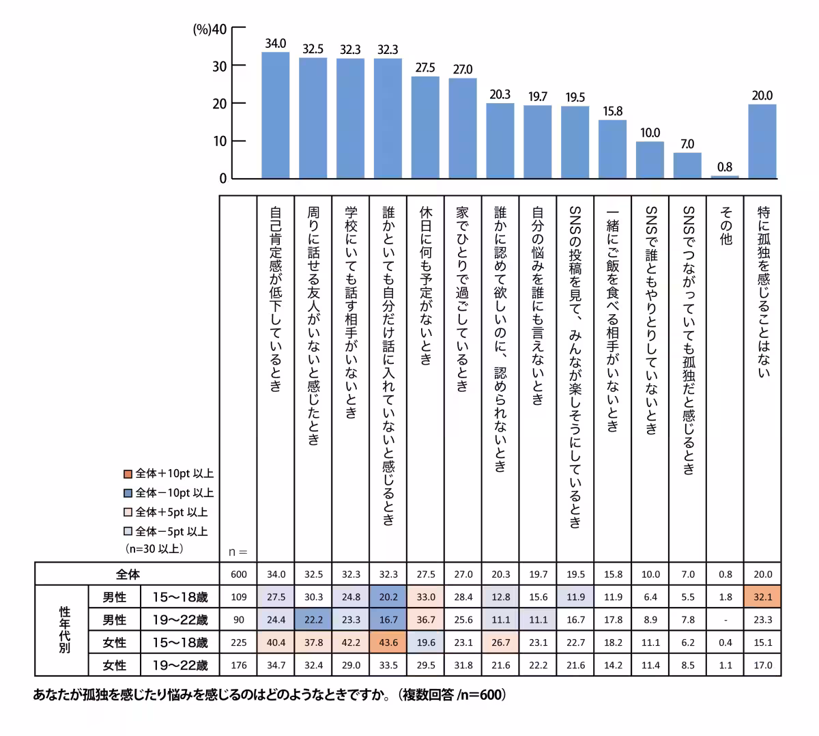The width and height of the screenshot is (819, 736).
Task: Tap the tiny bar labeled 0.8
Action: click(x=725, y=177)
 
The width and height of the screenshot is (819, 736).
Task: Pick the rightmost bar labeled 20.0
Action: click(x=762, y=141)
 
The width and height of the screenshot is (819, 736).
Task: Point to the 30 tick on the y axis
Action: click(x=219, y=66)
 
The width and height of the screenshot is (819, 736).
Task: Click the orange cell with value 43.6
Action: click(x=388, y=642)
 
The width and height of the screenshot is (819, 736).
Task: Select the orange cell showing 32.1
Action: click(x=762, y=597)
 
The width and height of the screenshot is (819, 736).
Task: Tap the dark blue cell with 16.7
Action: click(x=388, y=620)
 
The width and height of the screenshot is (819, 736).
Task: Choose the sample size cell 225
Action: click(x=239, y=642)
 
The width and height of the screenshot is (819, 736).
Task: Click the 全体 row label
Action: click(x=128, y=574)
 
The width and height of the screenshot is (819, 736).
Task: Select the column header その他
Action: click(x=725, y=226)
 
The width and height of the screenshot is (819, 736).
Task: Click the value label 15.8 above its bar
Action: click(x=612, y=111)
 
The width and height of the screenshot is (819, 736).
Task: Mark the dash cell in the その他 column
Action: click(x=725, y=620)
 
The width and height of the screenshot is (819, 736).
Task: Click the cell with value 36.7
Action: click(x=425, y=620)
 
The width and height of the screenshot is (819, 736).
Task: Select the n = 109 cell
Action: click(x=239, y=597)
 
